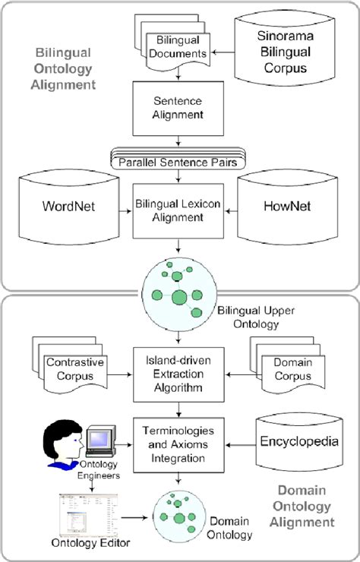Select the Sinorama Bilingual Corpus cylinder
coord(282,50)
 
